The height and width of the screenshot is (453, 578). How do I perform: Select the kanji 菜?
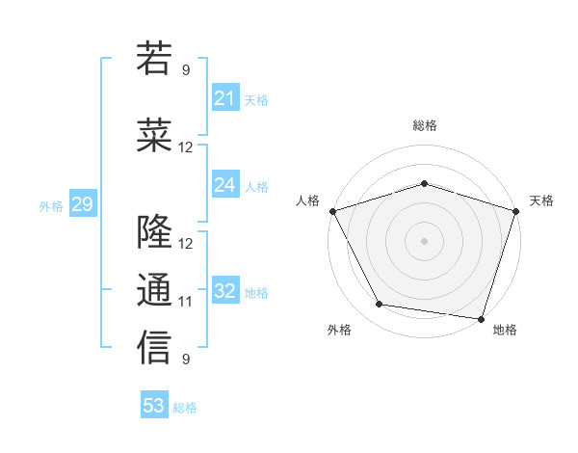(154, 136)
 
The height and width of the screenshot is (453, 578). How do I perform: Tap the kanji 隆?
(154, 232)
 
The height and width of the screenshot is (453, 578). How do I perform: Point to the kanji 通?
(154, 290)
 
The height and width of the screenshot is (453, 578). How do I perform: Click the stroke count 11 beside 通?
(186, 302)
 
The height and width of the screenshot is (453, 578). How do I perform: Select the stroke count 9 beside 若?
(186, 69)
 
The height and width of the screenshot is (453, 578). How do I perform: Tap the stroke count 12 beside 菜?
(186, 147)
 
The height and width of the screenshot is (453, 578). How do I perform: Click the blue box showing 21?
(224, 98)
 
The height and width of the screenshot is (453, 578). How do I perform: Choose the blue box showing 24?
(224, 185)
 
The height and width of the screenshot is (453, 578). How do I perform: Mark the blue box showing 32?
(224, 291)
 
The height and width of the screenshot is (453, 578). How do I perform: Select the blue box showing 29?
(82, 204)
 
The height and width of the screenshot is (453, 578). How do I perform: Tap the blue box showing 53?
(154, 406)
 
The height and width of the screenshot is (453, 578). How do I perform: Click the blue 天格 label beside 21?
(255, 99)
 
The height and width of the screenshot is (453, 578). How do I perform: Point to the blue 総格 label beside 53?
(185, 408)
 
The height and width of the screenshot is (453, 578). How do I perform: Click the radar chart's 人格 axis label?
(308, 200)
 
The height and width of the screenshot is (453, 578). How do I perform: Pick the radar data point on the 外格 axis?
(379, 305)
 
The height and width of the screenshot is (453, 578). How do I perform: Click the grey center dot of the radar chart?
(424, 240)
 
